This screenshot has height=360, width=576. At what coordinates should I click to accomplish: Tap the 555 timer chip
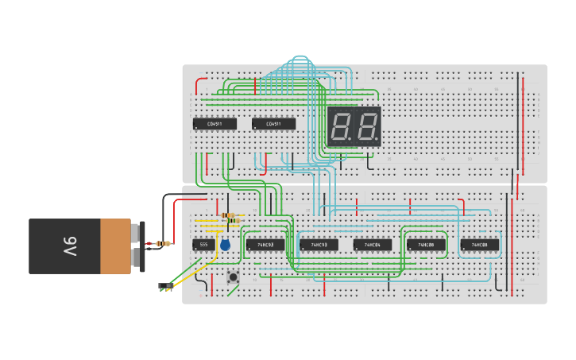203,245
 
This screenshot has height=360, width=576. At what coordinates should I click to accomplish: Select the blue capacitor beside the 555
226,245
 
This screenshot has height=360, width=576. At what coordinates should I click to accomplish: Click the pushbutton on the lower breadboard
234,277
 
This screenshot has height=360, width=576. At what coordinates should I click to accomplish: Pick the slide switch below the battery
166,285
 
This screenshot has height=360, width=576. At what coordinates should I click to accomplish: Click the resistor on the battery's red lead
164,243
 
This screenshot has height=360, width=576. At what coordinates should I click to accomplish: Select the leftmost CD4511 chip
215,124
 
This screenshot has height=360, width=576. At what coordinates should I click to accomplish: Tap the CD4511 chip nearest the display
273,124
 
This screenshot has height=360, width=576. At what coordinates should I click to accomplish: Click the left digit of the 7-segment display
342,126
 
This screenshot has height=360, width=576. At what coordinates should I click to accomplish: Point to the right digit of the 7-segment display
366,126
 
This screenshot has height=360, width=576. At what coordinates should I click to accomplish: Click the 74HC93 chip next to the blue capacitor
265,245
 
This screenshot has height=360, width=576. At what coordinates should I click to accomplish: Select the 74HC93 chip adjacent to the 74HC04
319,245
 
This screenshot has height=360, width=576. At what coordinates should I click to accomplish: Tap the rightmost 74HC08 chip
480,245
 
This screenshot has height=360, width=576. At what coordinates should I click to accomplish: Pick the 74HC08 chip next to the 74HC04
426,245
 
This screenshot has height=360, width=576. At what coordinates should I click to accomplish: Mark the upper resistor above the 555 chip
232,215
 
